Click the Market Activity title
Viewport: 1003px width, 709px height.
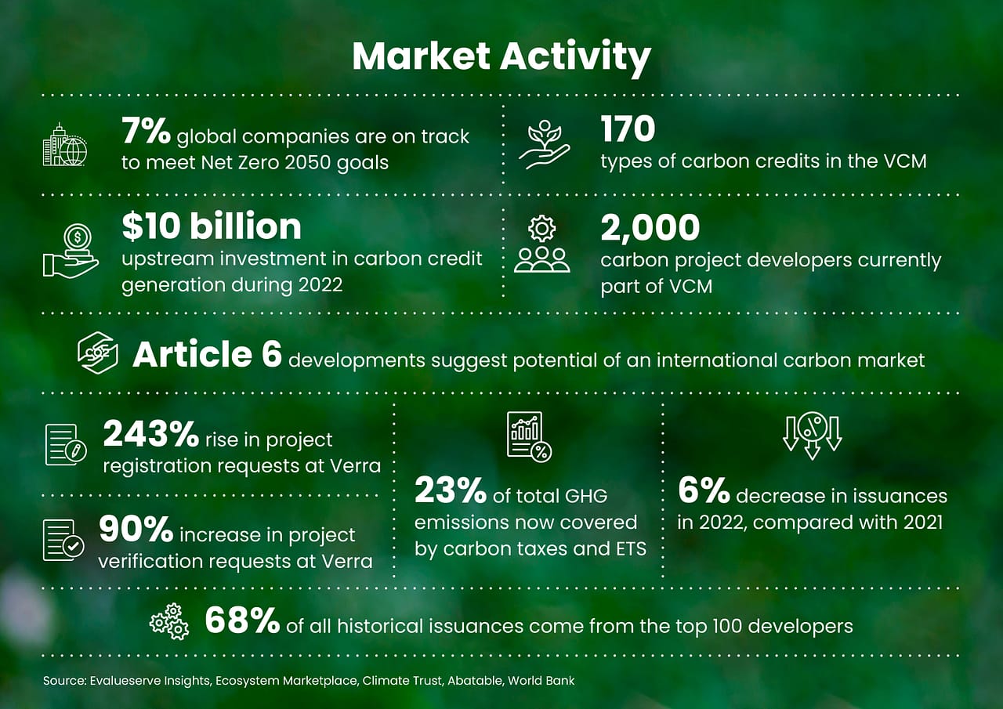501,57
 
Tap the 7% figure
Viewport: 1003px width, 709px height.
146,132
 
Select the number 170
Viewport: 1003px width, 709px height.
628,129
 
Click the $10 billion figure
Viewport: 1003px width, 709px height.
212,226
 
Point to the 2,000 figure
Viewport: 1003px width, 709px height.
650,227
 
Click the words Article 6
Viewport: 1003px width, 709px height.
207,354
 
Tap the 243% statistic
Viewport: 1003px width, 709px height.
151,434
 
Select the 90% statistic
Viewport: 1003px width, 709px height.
136,530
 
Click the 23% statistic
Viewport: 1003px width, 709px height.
451,491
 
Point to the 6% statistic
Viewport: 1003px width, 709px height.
704,491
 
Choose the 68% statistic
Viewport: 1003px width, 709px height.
242,621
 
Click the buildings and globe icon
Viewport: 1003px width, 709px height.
65,145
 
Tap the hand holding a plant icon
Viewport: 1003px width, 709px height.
545,145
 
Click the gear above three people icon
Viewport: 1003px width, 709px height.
542,245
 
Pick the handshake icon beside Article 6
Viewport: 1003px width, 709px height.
98,353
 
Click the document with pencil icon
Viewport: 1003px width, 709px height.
64,445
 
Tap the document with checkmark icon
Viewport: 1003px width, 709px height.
63,540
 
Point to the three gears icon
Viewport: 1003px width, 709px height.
169,621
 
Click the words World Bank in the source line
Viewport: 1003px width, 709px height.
541,681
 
